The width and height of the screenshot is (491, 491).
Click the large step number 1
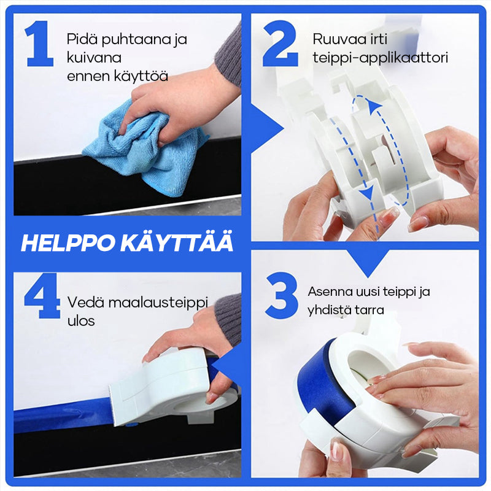(x=39, y=43)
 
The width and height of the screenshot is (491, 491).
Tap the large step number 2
(x=280, y=43)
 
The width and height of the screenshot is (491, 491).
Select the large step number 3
(x=282, y=295)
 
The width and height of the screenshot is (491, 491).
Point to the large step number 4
(x=42, y=296)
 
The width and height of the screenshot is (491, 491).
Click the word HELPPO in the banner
(x=68, y=243)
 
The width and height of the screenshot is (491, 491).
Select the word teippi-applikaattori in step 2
(x=380, y=58)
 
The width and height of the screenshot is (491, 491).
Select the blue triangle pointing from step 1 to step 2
(x=267, y=128)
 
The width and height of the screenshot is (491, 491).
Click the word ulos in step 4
(x=81, y=321)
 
